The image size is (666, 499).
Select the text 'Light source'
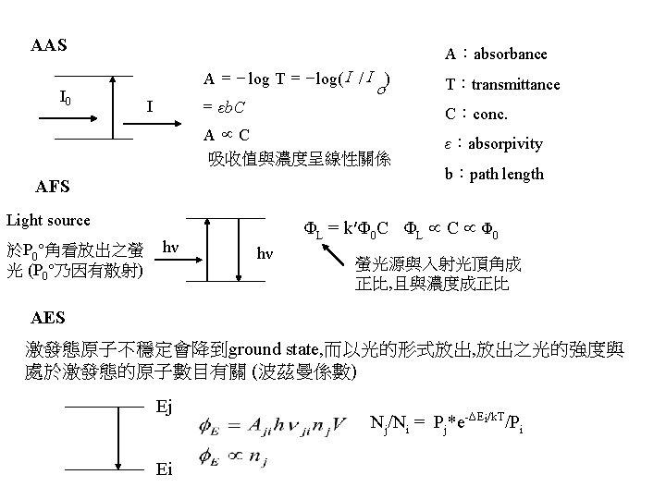[48, 220]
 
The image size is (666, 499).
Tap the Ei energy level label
[164, 469]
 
